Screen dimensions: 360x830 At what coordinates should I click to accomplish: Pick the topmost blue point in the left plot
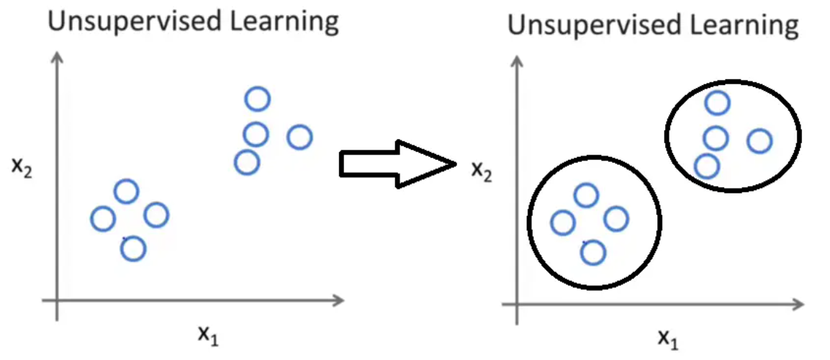(x=257, y=99)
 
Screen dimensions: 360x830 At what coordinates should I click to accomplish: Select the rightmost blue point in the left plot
(x=299, y=137)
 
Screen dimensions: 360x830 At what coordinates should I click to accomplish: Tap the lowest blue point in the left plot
(x=133, y=249)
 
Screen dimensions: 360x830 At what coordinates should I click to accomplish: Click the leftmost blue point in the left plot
(x=104, y=218)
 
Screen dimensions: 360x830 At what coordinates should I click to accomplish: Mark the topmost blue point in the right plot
(x=717, y=103)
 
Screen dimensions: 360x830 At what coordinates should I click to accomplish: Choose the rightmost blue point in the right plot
(x=759, y=141)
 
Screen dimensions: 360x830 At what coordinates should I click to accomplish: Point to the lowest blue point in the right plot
(x=592, y=253)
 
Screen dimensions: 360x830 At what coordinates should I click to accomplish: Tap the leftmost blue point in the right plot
(x=563, y=222)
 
